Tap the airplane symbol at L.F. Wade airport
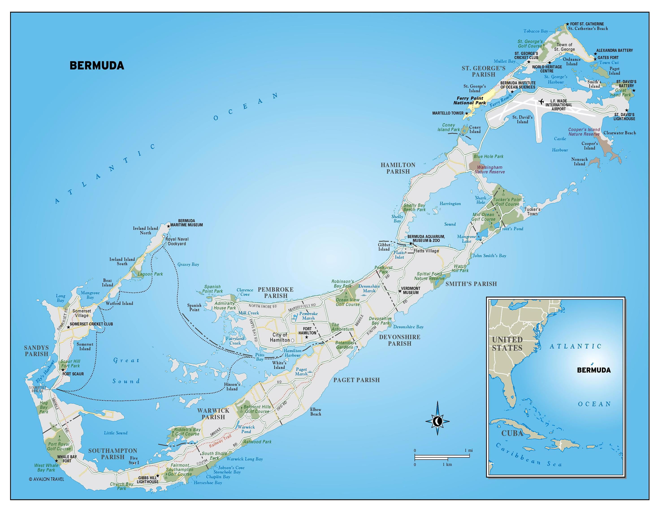click(541, 101)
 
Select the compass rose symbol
click(437, 421)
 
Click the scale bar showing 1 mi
click(442, 456)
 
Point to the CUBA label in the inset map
click(512, 433)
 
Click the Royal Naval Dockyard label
click(177, 241)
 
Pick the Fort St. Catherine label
click(587, 24)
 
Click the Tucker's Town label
click(532, 211)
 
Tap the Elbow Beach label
click(316, 411)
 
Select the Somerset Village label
click(82, 313)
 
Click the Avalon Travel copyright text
click(47, 479)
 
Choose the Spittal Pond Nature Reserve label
click(429, 276)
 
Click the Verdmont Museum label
click(410, 290)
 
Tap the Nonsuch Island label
click(579, 162)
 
